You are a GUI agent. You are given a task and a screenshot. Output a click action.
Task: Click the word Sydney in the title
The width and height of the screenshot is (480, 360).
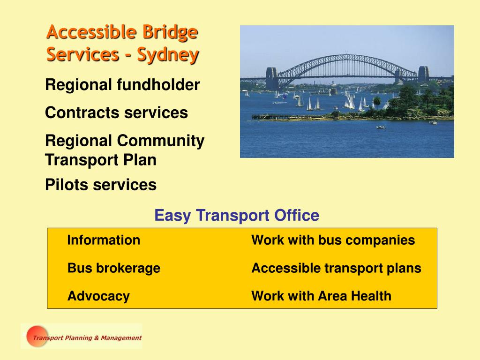point(168,55)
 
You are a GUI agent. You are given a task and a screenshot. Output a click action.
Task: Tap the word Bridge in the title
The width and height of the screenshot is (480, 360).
point(170,32)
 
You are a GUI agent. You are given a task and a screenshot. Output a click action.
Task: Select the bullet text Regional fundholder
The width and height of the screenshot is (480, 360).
point(122,84)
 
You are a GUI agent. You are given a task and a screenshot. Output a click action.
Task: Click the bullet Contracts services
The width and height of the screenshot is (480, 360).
point(116,112)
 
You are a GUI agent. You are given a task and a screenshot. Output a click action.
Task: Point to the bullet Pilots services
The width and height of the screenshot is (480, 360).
point(101,185)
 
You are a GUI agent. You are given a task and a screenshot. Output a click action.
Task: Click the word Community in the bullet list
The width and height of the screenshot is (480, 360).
point(161,141)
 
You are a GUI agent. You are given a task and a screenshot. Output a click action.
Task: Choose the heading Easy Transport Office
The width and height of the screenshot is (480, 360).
point(237,215)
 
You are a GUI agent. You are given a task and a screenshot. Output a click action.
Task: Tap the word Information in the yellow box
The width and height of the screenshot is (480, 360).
point(104,240)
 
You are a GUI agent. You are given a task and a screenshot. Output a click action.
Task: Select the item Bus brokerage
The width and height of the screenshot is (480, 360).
point(114,268)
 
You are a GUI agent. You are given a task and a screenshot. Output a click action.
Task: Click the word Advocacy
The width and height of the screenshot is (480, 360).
point(98,296)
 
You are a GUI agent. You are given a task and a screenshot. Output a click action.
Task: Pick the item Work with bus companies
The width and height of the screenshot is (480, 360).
point(333,240)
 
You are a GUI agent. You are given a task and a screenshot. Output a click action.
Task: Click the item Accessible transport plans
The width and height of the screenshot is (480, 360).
point(336,268)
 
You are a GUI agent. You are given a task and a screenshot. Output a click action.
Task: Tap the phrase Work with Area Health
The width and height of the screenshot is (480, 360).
point(321,296)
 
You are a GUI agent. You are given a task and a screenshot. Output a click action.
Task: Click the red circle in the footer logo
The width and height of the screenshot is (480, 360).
point(37,336)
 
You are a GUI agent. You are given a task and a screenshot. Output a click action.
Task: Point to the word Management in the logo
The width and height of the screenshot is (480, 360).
point(121,338)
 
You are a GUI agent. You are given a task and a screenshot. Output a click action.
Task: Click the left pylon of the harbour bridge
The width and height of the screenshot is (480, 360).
point(271,78)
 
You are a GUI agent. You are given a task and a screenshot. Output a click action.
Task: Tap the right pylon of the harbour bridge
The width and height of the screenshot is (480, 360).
point(423,74)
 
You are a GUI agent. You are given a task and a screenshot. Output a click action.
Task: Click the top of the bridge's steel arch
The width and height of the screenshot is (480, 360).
point(346,56)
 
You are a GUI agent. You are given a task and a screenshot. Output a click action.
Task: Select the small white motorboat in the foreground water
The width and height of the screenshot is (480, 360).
point(380,127)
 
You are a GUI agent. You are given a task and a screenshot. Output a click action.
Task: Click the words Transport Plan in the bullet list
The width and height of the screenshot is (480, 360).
point(101,160)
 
